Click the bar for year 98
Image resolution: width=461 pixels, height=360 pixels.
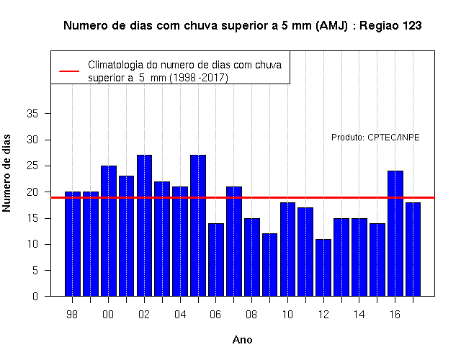click(73, 244)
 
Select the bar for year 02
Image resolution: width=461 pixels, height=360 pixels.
click(144, 225)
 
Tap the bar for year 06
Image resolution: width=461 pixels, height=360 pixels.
click(216, 260)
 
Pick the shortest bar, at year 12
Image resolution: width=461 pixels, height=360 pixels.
click(323, 267)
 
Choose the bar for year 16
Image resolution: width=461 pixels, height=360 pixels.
click(395, 233)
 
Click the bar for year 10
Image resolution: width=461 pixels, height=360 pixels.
click(287, 249)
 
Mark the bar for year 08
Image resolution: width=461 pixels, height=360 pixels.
click(252, 257)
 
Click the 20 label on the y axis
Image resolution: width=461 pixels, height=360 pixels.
click(32, 192)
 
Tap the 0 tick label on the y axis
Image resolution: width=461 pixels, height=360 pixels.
click(35, 296)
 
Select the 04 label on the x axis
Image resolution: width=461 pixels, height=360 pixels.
click(180, 315)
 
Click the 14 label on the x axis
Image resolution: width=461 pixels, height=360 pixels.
click(359, 315)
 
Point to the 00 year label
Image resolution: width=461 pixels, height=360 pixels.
click(108, 315)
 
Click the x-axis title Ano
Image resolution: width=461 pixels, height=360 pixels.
click(242, 340)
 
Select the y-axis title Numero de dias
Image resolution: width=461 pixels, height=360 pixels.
click(6, 174)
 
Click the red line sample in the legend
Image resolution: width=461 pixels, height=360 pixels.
click(69, 71)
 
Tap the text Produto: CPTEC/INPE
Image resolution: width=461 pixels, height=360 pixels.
click(375, 138)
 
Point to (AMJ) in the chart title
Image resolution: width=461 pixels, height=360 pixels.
click(331, 26)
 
